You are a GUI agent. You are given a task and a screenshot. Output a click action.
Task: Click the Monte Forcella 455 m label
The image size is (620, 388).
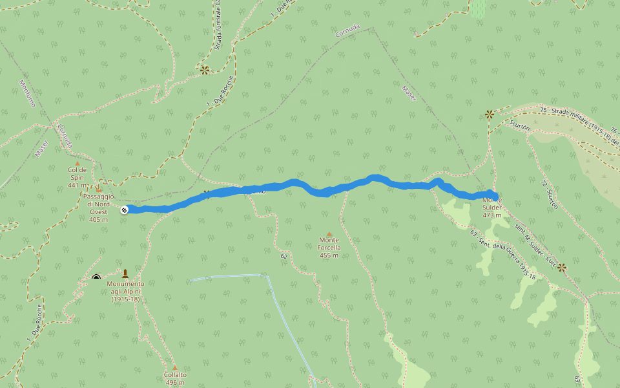coord(329,247)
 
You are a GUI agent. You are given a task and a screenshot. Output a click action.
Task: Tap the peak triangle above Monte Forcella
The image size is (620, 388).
coord(329,234)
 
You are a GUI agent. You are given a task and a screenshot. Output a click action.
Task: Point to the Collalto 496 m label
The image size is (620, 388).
coord(175,378)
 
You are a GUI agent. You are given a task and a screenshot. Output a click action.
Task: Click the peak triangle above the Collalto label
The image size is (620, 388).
coord(174,367)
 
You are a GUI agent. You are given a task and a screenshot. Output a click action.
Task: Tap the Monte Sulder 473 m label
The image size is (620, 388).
coord(492,207)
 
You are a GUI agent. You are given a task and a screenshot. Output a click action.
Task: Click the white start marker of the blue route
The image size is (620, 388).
coord(124,210)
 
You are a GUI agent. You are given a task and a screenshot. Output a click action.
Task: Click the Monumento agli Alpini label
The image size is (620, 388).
coord(126,291)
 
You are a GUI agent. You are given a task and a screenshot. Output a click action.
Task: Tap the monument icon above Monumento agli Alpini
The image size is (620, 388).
coord(125,274)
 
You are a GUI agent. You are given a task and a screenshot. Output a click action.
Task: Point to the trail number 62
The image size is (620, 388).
coord(284,256)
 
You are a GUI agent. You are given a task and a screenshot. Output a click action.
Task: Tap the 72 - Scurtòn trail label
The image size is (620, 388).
coord(548,194)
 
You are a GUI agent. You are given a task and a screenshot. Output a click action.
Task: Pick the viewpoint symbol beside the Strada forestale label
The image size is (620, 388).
coord(205,70)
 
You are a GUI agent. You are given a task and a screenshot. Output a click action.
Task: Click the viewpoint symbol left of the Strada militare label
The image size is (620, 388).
coord(490,114)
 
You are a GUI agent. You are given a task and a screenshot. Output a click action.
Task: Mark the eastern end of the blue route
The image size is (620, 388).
coord(494,195)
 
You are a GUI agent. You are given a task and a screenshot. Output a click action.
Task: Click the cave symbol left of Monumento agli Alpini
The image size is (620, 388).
coord(96,278)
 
